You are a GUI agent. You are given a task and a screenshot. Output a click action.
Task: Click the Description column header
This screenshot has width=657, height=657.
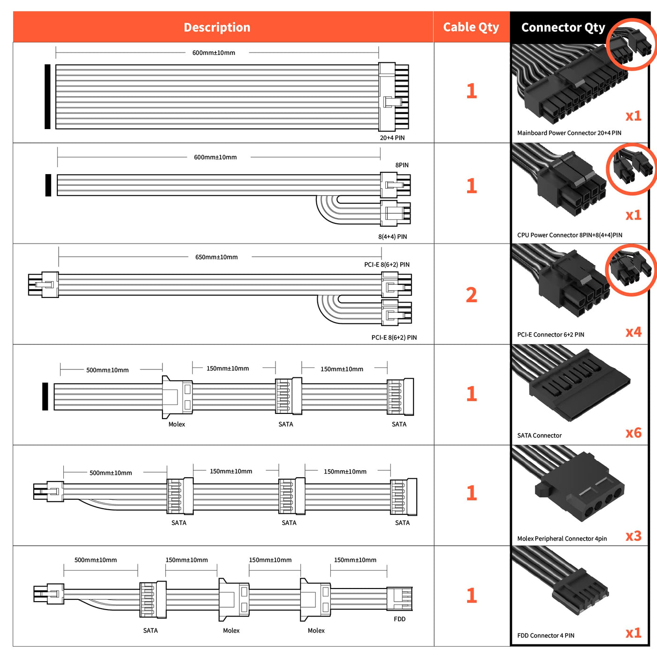click(x=217, y=27)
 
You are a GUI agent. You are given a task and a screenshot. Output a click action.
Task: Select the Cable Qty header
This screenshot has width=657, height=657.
click(x=471, y=27)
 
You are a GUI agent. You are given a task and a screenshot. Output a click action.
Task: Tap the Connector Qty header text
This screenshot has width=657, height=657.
click(x=563, y=28)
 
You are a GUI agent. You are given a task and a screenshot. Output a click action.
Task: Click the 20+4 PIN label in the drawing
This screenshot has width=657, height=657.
click(x=392, y=138)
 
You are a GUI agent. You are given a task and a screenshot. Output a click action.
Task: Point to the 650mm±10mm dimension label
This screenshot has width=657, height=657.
click(x=216, y=257)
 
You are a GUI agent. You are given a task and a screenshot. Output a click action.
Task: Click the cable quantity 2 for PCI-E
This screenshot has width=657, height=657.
click(x=471, y=295)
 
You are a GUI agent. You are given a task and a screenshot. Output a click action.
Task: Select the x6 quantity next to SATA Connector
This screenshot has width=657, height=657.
click(x=633, y=433)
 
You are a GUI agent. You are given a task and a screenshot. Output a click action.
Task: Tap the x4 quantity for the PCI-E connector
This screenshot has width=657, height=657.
click(x=633, y=332)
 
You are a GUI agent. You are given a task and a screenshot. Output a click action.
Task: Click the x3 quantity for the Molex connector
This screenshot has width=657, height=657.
click(x=633, y=536)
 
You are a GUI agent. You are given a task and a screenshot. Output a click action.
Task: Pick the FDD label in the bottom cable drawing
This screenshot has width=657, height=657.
click(x=399, y=619)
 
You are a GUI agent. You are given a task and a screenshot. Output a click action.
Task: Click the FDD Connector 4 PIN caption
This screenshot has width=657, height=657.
click(x=545, y=636)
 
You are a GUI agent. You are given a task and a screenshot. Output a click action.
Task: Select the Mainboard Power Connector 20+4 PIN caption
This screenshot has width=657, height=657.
click(x=569, y=133)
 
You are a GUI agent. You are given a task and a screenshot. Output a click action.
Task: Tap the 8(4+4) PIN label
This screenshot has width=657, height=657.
click(x=392, y=237)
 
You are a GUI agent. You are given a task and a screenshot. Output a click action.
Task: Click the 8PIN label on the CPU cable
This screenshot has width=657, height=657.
click(x=402, y=165)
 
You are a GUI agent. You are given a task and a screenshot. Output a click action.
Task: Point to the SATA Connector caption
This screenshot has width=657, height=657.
click(x=539, y=435)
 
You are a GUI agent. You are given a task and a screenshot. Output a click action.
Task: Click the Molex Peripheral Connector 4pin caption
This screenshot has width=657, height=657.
click(x=562, y=539)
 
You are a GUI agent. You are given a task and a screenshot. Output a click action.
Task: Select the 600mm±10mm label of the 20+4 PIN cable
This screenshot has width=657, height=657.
click(x=214, y=53)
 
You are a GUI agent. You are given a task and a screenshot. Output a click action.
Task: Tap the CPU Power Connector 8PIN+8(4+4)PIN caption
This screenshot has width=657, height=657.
click(x=569, y=235)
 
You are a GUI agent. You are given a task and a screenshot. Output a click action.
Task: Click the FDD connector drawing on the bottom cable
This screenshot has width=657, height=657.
click(x=399, y=598)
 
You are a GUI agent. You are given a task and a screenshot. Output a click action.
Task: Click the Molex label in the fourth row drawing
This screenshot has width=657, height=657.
click(x=176, y=424)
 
